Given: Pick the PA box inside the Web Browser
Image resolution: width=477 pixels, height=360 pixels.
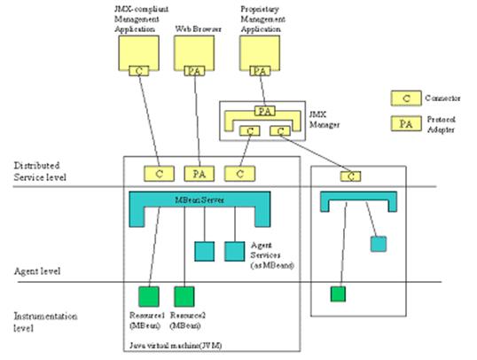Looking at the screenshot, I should (195, 70).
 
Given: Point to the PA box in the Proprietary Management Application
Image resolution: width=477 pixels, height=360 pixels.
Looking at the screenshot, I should (260, 70).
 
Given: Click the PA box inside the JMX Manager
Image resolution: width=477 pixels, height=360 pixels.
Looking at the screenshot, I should (263, 112).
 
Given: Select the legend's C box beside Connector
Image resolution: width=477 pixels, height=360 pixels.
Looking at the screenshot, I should (404, 96).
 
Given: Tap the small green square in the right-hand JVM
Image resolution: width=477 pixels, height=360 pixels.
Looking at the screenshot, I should (338, 293).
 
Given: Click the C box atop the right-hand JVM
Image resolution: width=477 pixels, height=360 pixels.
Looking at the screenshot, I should (352, 176).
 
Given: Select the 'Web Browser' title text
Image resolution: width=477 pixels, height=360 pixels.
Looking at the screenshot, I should (194, 28).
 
